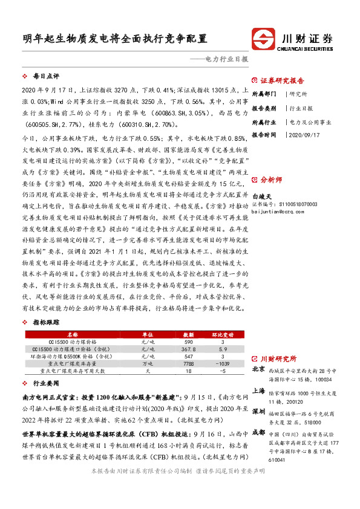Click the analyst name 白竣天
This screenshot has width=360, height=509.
tap(261, 196)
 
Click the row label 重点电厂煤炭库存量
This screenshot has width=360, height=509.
tap(72, 364)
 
